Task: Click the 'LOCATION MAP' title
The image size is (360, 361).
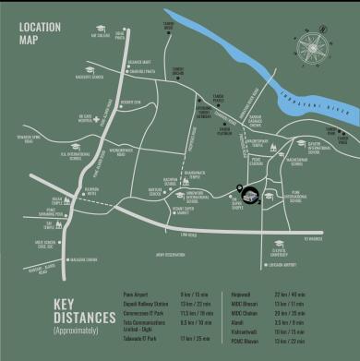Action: point(39,35)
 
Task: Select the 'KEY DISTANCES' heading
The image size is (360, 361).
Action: point(75,310)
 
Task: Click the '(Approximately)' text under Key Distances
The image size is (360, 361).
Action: point(69,330)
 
